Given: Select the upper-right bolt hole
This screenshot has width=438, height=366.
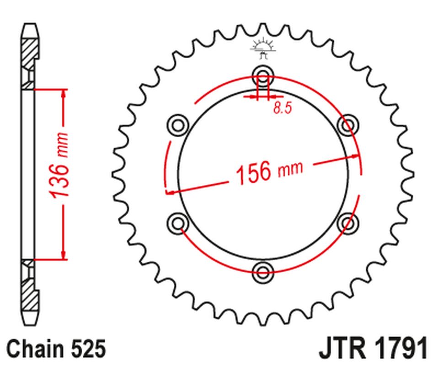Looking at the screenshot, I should (348, 124).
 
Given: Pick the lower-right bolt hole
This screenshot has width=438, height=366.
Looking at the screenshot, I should (348, 223).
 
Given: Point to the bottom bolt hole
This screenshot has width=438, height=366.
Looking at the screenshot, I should (263, 271).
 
